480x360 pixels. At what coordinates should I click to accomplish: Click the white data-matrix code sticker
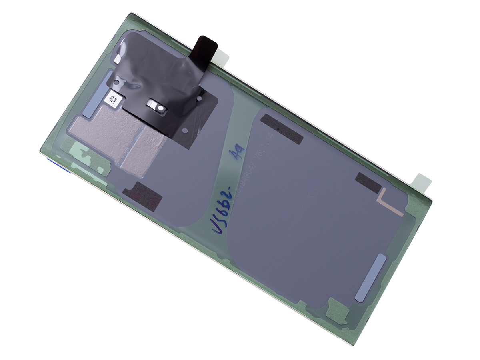(x=112, y=100)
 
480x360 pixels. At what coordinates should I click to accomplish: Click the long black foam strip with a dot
(x=282, y=128)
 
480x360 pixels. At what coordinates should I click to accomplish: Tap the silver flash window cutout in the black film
(x=156, y=106)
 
